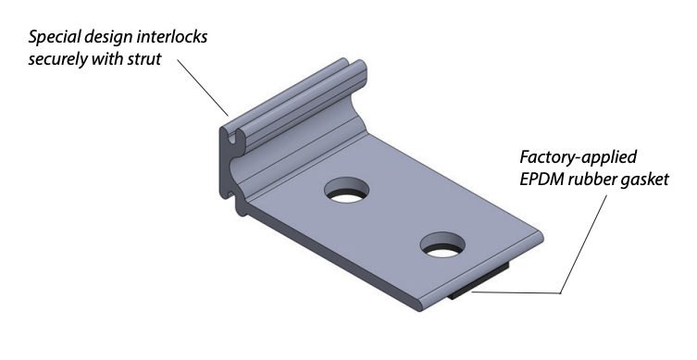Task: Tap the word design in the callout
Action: (109, 38)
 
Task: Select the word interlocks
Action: (172, 38)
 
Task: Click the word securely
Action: (57, 60)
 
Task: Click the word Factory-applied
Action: (571, 154)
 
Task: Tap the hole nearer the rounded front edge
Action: (443, 246)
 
